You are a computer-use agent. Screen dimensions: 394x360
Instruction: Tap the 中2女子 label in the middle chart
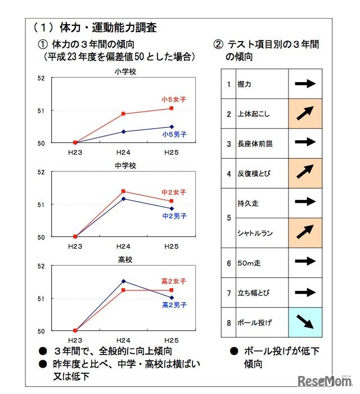[x=174, y=192]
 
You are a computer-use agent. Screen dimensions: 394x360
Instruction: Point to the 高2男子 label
[x=174, y=305]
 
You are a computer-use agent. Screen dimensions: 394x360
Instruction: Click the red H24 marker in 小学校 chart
[x=124, y=114]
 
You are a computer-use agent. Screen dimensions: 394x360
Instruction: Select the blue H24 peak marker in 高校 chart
[x=124, y=281]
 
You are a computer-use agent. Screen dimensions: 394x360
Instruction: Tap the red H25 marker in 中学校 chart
[x=172, y=201]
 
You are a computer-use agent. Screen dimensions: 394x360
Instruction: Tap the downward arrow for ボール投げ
[x=305, y=322]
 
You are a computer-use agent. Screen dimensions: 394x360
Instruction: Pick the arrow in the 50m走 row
[x=305, y=262]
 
